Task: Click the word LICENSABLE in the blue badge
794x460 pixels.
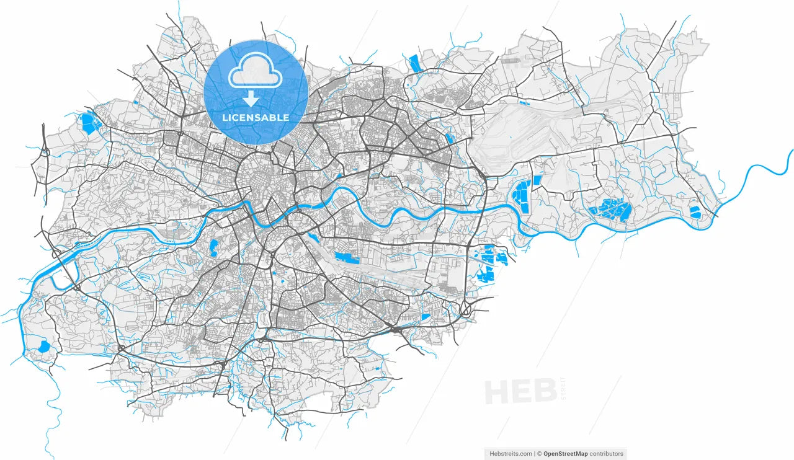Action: (x=256, y=117)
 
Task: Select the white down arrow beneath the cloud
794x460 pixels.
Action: (x=251, y=99)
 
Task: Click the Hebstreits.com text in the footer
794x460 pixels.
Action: (x=511, y=454)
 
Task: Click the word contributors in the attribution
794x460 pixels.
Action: (x=606, y=454)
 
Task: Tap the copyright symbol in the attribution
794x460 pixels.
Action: (x=540, y=454)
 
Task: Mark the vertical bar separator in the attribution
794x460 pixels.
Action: (x=535, y=454)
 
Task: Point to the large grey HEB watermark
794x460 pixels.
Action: (x=519, y=392)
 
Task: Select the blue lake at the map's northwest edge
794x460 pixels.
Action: (x=89, y=123)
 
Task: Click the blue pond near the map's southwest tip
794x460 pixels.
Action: (x=43, y=346)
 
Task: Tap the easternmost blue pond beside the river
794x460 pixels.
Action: (x=695, y=211)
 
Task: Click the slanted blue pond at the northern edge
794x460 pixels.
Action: (x=414, y=63)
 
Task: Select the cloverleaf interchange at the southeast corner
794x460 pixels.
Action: (x=465, y=308)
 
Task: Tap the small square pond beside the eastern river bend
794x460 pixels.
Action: (x=537, y=180)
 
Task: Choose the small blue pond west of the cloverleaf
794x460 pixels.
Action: (x=426, y=317)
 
